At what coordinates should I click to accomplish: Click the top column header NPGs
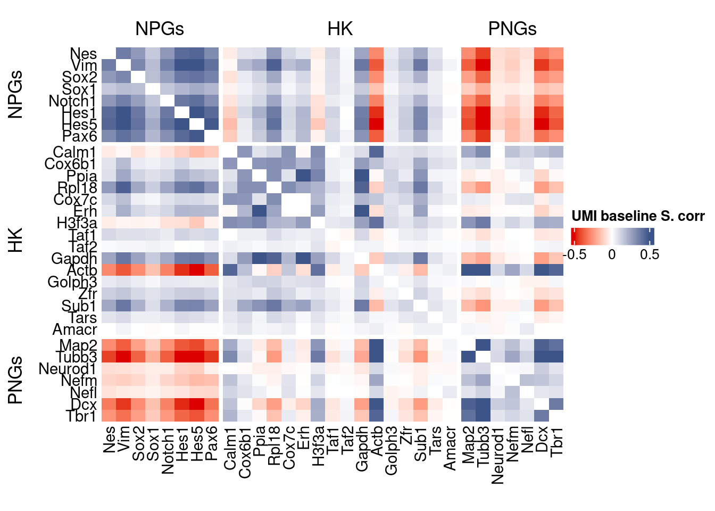coord(160,29)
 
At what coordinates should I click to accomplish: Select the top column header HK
coord(340,29)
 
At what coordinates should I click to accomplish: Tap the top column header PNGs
coord(512,29)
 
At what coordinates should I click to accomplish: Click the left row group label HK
coord(16,240)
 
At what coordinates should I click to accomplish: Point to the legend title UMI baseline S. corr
coord(638,216)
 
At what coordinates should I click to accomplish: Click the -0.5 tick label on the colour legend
coord(575,254)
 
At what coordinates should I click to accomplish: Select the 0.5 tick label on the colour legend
coord(650,254)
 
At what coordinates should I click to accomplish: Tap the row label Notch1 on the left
coord(72,101)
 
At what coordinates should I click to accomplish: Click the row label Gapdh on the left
coord(74,259)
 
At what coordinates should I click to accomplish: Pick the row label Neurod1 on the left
coord(68,369)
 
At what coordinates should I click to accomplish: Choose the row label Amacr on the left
coord(74,329)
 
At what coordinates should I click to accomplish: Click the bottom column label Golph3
coord(391,450)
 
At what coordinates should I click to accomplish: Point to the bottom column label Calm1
coord(230,448)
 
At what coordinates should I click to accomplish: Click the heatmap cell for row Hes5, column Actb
coord(376,125)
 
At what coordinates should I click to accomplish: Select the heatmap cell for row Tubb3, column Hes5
coord(197,357)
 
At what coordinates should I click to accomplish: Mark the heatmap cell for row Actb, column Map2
coord(468,270)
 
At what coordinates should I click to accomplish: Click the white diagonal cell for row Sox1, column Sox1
coord(153,89)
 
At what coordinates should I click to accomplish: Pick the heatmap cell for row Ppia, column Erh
coord(303,176)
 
